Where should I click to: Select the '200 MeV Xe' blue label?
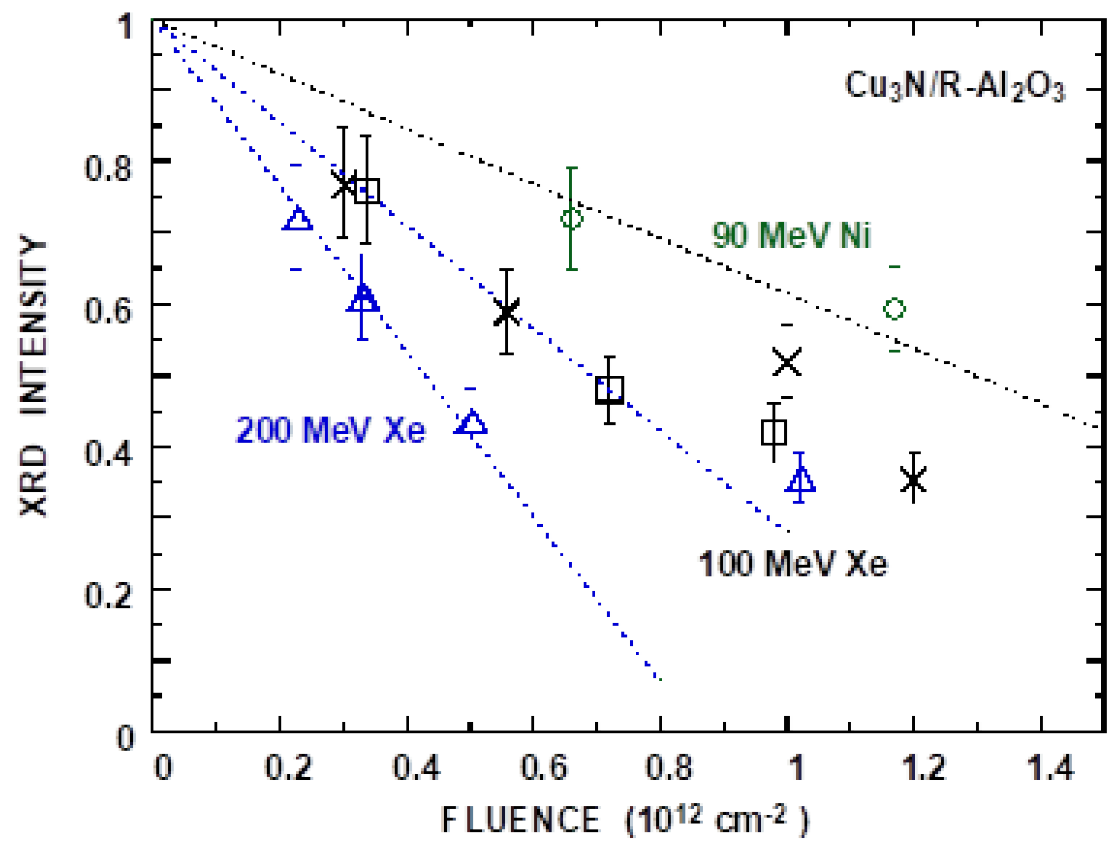[330, 430]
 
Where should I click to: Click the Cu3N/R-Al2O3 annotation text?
[954, 86]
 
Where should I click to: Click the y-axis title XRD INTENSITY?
[33, 375]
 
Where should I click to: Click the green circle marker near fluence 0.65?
[572, 219]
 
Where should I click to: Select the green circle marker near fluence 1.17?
[894, 308]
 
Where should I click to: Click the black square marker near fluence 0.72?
[609, 390]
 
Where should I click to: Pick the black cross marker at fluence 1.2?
[913, 479]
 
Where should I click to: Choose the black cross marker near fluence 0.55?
[506, 312]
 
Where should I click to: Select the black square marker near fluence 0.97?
[773, 432]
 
